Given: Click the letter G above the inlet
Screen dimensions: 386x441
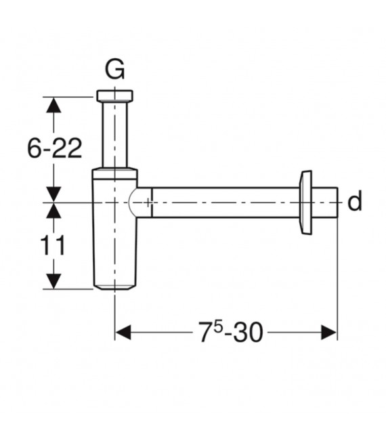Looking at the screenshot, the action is (114, 70).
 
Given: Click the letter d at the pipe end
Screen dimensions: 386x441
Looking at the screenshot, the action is (355, 202).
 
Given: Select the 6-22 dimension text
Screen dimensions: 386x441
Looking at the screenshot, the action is (55, 148).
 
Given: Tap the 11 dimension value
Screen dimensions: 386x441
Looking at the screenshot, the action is (53, 245).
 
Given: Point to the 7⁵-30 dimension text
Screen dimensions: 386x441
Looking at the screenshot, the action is (231, 333).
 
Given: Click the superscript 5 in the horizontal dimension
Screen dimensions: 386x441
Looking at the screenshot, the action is (219, 328).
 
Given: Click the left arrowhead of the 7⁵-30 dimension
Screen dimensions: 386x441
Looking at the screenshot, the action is (123, 333).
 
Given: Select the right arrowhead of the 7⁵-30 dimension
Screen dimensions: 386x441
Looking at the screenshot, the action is (329, 333).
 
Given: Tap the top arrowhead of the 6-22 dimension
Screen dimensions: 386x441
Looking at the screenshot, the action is (53, 105).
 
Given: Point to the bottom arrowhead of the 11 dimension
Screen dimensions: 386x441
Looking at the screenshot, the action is (53, 281).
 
